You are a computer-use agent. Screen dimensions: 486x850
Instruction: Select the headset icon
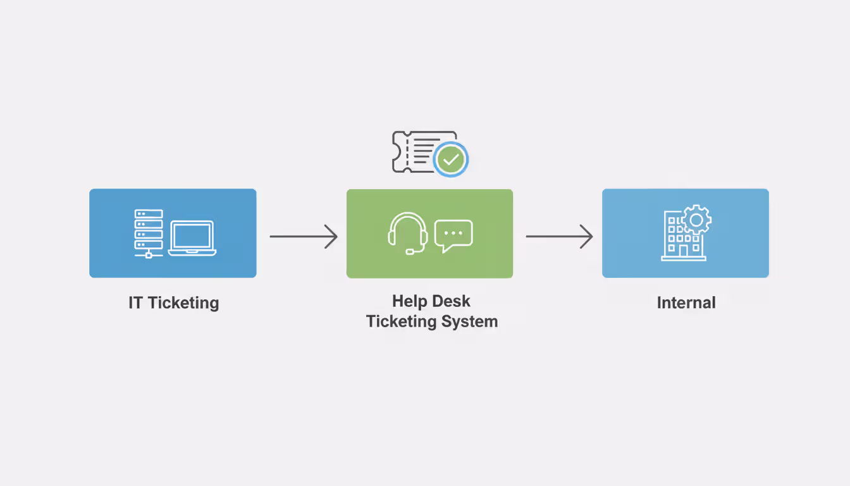pyautogui.click(x=408, y=232)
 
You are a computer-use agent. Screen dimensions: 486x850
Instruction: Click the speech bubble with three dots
pyautogui.click(x=453, y=235)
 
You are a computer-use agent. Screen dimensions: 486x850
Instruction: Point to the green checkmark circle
pyautogui.click(x=450, y=159)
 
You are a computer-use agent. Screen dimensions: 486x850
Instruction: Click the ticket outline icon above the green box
pyautogui.click(x=414, y=152)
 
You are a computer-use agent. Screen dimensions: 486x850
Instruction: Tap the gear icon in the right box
pyautogui.click(x=696, y=220)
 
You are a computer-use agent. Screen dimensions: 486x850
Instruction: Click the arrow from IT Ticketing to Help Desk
pyautogui.click(x=304, y=237)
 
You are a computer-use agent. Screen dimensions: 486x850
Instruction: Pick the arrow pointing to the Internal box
pyautogui.click(x=559, y=237)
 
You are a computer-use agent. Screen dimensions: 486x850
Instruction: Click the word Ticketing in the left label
pyautogui.click(x=183, y=303)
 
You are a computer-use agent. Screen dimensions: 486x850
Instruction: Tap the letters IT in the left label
pyautogui.click(x=135, y=302)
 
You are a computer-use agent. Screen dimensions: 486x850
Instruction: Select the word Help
pyautogui.click(x=409, y=301)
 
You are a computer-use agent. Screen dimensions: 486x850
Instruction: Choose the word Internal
pyautogui.click(x=686, y=302)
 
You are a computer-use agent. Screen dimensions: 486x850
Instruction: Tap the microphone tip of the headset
pyautogui.click(x=410, y=252)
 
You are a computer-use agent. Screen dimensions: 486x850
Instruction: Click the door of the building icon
pyautogui.click(x=683, y=251)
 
